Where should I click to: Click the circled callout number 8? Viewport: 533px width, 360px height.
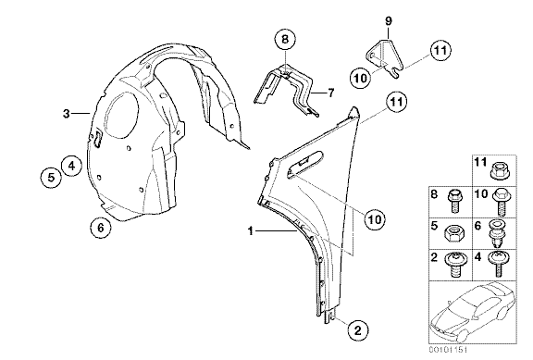(285, 40)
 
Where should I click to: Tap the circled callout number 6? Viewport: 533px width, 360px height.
(101, 227)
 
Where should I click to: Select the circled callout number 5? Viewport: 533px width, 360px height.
(51, 177)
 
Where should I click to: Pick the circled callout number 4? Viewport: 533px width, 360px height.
(71, 166)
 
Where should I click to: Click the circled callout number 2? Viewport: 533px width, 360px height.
(357, 329)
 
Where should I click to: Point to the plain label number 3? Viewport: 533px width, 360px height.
(67, 114)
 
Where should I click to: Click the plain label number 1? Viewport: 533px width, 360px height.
(251, 231)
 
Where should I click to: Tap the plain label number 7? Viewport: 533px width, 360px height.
(331, 93)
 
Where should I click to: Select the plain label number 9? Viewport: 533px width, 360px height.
(389, 21)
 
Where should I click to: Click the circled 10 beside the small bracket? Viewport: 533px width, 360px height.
(361, 78)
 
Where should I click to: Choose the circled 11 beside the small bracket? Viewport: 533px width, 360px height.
(440, 51)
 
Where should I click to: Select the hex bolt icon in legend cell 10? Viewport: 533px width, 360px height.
(500, 203)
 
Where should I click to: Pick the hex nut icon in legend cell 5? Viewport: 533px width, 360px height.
(452, 234)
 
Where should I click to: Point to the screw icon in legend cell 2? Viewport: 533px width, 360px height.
(453, 266)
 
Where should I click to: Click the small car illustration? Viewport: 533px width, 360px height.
(473, 313)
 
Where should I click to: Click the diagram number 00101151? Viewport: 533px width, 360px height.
(448, 350)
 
